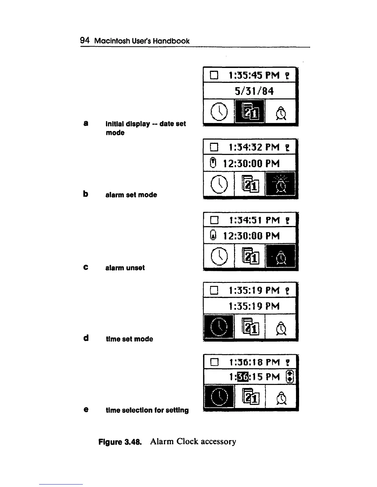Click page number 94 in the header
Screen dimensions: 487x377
(85, 40)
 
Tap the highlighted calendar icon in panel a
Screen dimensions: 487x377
(250, 112)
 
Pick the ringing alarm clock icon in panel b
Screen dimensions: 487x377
(281, 184)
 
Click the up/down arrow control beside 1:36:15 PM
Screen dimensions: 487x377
(290, 377)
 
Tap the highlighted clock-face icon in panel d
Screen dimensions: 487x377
(219, 327)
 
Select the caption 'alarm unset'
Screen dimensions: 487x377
(125, 268)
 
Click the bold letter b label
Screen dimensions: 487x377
(86, 194)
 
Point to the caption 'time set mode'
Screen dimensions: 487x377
(129, 339)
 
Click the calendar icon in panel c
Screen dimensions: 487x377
(250, 256)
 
